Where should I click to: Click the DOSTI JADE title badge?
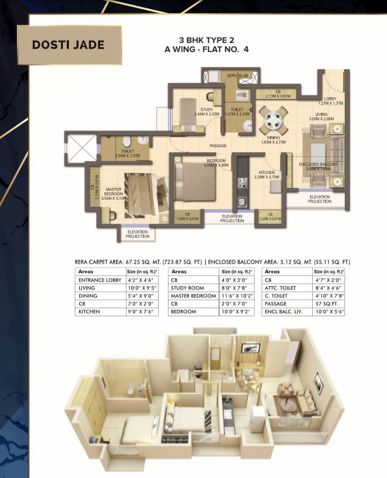coord(68,45)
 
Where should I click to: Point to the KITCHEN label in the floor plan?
coord(267,173)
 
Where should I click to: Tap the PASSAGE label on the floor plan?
coord(218,146)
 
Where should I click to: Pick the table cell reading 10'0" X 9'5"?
coord(142,288)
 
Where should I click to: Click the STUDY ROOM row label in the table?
coord(187,288)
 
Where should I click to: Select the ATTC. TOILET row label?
coord(280,288)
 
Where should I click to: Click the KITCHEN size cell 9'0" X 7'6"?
coord(142,312)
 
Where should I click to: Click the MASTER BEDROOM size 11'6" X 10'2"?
coord(235,296)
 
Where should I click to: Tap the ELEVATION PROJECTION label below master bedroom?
coord(137,234)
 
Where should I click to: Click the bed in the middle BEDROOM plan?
coord(190,178)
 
